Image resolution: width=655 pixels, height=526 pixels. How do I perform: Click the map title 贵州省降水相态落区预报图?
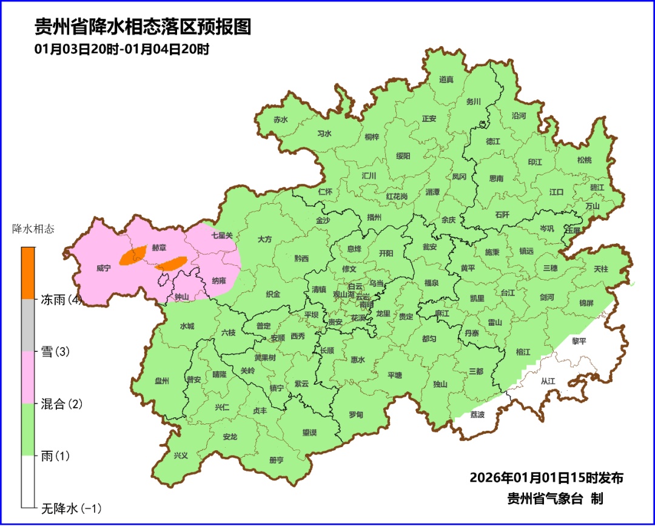coord(143,27)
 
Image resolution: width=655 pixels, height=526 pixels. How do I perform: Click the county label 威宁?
coord(104,268)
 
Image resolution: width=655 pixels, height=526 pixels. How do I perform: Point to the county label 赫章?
coord(159,248)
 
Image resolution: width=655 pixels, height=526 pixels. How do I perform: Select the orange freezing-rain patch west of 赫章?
coord(133,255)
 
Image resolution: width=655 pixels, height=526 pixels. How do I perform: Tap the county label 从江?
coord(548,381)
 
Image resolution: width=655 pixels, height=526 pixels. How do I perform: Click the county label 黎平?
coord(579,341)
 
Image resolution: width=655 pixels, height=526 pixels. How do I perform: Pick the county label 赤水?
coord(280,120)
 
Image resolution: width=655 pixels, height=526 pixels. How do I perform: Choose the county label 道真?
coord(446,79)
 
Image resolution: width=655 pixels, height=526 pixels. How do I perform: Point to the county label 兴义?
coord(181,455)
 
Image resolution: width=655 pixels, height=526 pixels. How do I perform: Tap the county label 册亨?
coord(276,460)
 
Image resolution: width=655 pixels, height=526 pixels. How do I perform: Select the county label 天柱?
coord(600,268)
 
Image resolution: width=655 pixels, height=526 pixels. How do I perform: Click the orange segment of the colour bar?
coord(29,273)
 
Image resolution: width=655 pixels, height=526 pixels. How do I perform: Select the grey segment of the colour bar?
coord(29,325)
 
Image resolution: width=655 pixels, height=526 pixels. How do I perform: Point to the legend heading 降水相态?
coord(33,229)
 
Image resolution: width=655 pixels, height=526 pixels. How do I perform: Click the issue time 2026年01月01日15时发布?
coord(546,477)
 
